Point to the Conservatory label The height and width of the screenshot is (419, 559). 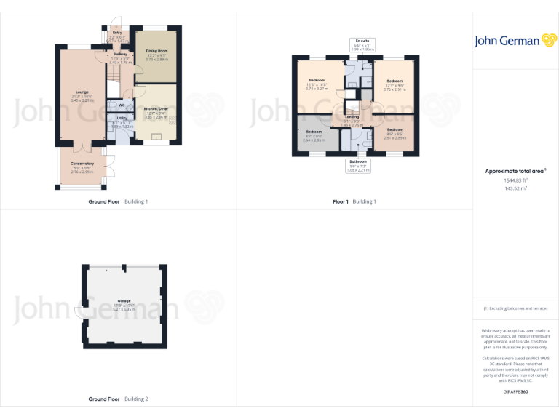click(x=82, y=164)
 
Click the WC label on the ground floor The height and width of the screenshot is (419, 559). click(x=122, y=105)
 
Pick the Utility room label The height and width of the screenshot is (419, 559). click(x=122, y=118)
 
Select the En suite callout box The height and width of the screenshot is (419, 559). click(x=361, y=44)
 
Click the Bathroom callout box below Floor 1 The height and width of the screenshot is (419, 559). click(x=357, y=165)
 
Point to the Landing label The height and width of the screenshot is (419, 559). click(x=352, y=117)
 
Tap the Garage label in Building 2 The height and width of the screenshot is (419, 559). click(x=124, y=300)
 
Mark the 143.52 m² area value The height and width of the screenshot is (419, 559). click(x=515, y=188)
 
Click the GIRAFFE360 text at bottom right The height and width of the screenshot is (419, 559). click(x=515, y=392)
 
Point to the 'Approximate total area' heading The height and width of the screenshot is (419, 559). click(x=515, y=171)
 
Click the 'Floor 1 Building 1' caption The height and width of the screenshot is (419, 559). click(x=354, y=201)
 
